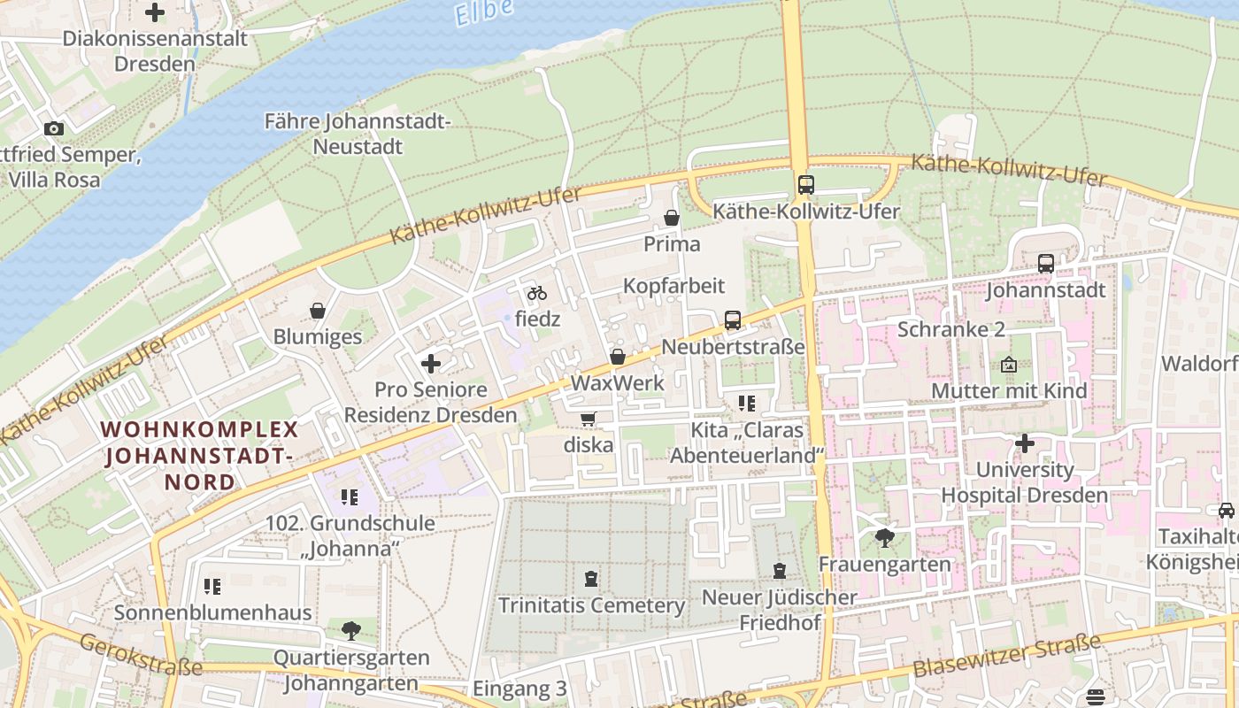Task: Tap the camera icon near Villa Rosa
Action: [x=54, y=129]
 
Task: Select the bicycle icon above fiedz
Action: [x=537, y=293]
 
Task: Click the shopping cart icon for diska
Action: [x=588, y=419]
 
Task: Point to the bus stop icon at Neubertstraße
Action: [x=733, y=320]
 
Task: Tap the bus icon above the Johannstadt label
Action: [x=1045, y=264]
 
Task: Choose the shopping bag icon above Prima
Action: [x=672, y=218]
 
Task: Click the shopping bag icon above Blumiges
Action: [x=318, y=311]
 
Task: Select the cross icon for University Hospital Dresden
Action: [x=1025, y=442]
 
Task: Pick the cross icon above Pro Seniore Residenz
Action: [x=431, y=364]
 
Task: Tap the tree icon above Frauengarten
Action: [x=884, y=537]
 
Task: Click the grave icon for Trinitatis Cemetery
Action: [x=591, y=579]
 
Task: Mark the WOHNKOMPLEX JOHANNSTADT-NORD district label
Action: [x=199, y=456]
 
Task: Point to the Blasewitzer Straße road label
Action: [x=1007, y=656]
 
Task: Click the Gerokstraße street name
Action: [x=141, y=655]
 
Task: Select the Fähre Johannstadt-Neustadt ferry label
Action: [x=358, y=134]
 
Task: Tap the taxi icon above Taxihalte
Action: [x=1226, y=511]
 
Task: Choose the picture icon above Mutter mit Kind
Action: [x=1009, y=365]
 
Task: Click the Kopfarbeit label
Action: [x=673, y=286]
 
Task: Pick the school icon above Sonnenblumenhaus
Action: [x=212, y=586]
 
